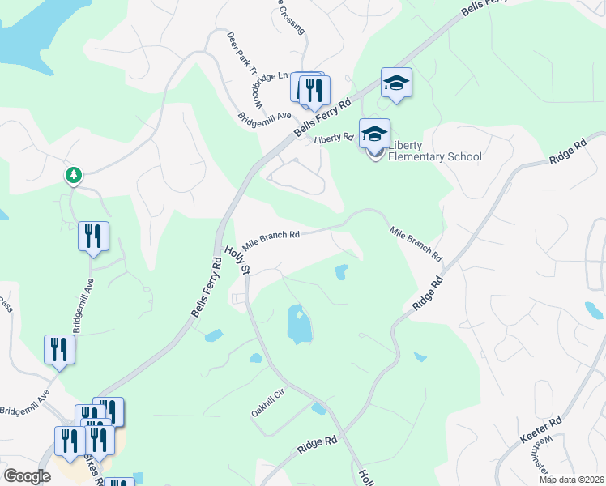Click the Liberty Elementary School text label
coord(435,151)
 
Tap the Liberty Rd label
coord(334,139)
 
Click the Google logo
coord(27,475)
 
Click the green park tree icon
coord(74,174)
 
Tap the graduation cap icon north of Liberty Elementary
coord(397,83)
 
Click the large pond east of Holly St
coord(300,325)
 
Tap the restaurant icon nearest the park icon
coord(93,236)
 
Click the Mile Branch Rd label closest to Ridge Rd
coord(416,242)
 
